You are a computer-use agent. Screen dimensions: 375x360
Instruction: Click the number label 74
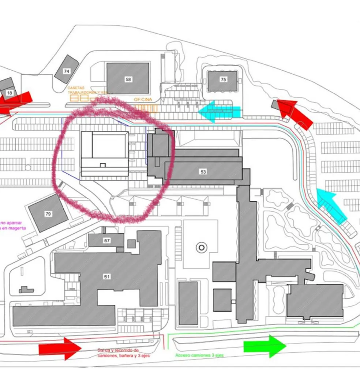pos(66,71)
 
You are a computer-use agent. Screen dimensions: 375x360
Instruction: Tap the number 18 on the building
pos(10,93)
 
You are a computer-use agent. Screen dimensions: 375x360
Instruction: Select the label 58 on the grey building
pos(128,79)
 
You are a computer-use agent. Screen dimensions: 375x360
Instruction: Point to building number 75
pos(223,79)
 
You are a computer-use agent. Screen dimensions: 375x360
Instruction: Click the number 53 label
pos(203,171)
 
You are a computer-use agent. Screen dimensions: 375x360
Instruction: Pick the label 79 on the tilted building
pos(48,214)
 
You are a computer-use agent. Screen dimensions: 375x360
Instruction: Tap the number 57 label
pos(107,241)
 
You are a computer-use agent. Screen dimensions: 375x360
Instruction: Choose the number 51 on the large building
pos(107,277)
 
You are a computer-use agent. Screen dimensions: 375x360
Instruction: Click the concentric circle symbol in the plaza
pos(201,248)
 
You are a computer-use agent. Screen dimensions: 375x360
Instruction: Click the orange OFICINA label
pos(143,99)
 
